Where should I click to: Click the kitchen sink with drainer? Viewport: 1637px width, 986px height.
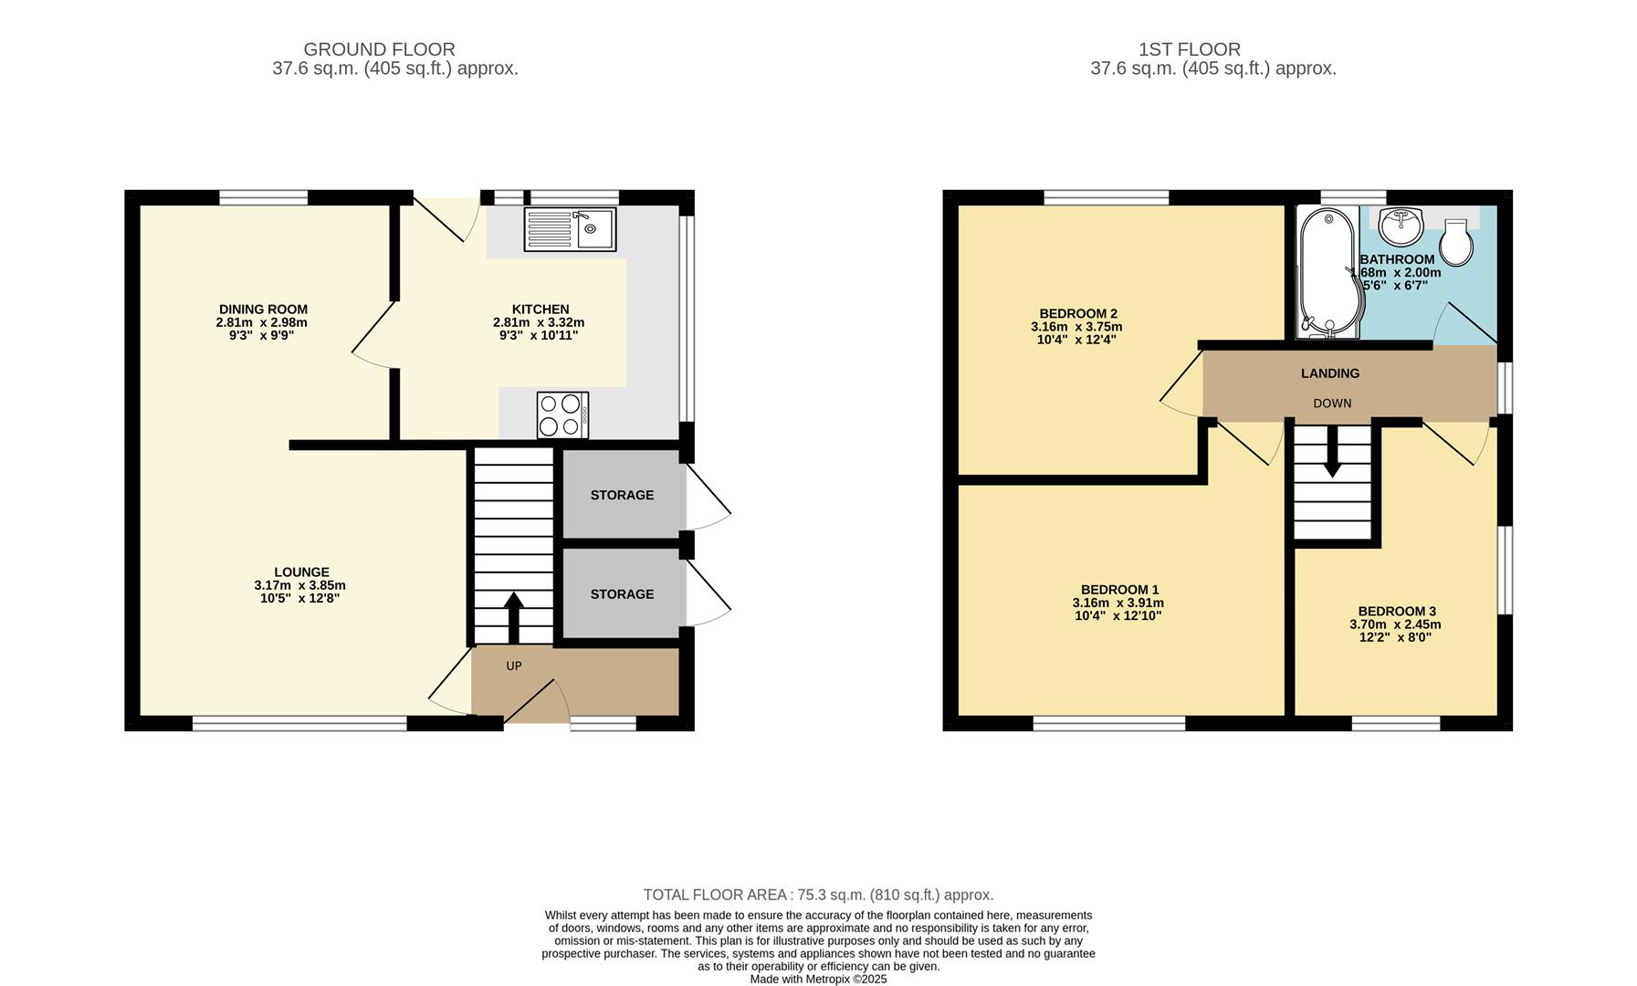coord(570,229)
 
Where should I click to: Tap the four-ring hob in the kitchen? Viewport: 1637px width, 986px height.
coord(562,415)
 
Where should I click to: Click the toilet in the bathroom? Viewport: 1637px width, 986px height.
coord(1456,243)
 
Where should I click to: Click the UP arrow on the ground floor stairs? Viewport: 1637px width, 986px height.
coord(513,618)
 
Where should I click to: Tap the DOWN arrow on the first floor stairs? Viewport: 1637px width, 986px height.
coord(1332,454)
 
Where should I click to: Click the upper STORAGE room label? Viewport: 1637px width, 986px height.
coord(622,495)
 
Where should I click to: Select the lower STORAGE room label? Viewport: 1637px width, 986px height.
coord(622,594)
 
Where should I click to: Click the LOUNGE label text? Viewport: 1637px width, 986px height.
coord(301,572)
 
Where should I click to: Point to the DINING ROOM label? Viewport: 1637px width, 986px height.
coord(263,309)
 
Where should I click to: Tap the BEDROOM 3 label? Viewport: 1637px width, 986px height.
coord(1396,612)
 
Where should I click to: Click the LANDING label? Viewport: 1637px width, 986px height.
coord(1330,373)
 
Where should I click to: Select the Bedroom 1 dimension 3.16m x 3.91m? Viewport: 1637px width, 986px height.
coord(1118,603)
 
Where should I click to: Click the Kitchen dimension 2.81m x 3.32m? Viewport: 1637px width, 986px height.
coord(539,322)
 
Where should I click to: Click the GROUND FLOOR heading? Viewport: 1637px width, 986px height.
coord(379,49)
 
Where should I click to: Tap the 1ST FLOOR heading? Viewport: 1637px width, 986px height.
coord(1189,49)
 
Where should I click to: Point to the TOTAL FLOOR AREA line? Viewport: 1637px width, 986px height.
coord(818,895)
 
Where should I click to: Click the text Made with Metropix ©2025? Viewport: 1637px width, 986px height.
coord(818,979)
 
